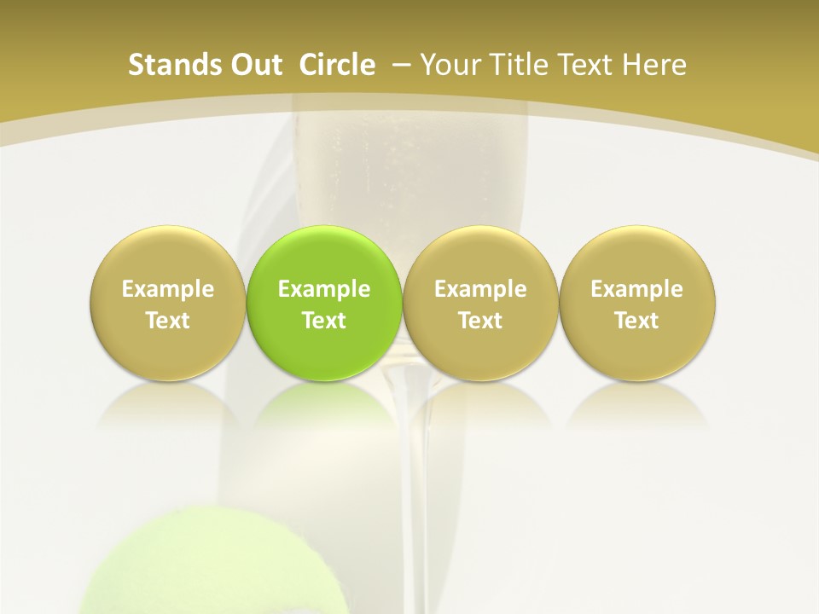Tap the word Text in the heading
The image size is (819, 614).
coord(590,65)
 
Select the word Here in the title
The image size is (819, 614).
coord(655,65)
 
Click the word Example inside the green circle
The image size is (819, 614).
coord(324,290)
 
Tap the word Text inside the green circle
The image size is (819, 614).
coord(324,321)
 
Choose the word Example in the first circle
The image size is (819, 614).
coord(168,290)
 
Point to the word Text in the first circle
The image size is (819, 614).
coord(168,321)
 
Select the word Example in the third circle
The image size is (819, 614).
coord(480,290)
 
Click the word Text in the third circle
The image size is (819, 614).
coord(480,321)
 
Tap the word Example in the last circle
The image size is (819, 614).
coord(636,290)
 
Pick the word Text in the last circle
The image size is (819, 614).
coord(636,321)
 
